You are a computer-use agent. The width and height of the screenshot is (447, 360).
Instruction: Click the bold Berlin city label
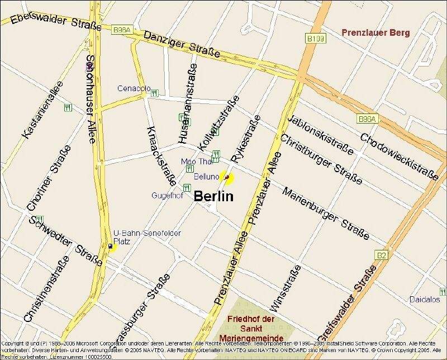point(213,197)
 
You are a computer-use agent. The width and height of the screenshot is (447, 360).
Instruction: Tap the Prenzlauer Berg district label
point(375,33)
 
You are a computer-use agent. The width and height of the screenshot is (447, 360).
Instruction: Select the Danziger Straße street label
point(174,44)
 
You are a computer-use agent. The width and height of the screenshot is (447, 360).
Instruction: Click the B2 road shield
point(381,255)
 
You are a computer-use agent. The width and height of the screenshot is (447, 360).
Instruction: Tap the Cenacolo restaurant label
point(133,89)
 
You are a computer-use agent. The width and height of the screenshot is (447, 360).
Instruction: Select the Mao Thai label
point(194,162)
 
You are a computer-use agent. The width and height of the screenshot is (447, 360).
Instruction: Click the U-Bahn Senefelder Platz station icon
point(110,246)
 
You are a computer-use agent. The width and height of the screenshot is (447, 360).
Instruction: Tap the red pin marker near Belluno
point(227,177)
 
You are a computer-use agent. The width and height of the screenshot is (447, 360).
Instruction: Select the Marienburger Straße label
point(326,214)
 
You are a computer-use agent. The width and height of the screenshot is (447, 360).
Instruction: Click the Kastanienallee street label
point(43,110)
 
